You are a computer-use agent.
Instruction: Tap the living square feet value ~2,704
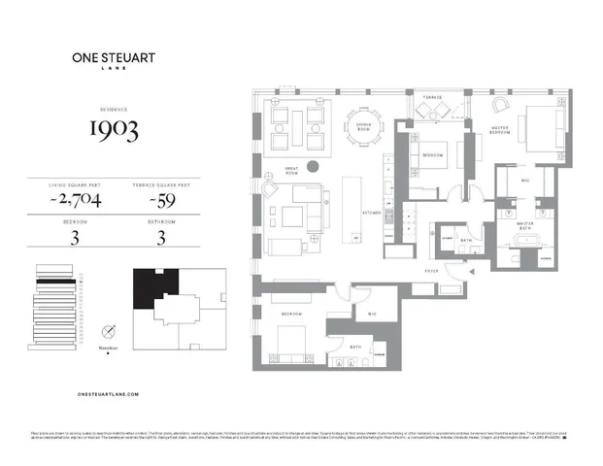click(76, 200)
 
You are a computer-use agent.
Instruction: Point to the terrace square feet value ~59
click(160, 200)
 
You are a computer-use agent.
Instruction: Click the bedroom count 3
click(74, 240)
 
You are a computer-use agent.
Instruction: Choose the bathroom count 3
click(160, 240)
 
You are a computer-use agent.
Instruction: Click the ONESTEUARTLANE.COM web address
click(107, 394)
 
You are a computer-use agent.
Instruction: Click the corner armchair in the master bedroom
click(502, 105)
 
